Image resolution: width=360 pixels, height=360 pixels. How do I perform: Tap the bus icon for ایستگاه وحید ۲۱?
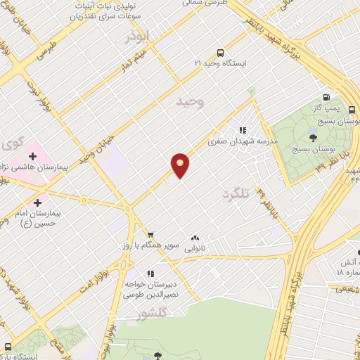point(221,52)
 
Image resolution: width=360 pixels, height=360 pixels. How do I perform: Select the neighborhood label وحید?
point(189,103)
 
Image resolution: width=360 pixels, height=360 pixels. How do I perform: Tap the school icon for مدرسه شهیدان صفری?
point(243,130)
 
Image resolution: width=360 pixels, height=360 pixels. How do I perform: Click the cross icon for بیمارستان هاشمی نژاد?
point(31,155)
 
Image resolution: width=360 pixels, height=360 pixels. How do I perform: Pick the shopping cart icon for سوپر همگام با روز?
point(150,235)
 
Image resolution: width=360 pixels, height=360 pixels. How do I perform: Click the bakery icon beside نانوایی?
point(195,238)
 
